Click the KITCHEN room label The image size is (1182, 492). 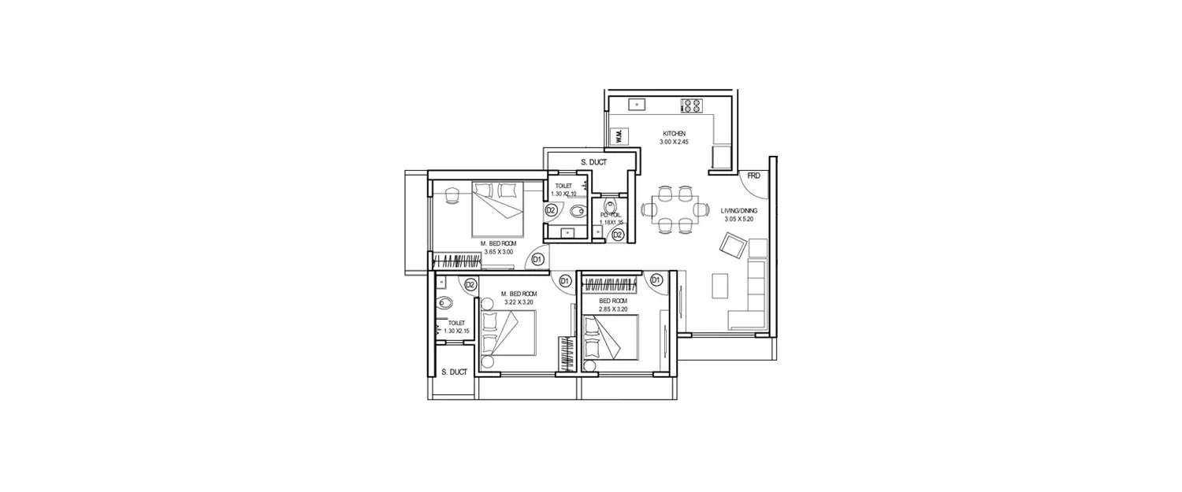coord(674,134)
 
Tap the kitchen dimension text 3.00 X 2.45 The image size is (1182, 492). coord(674,142)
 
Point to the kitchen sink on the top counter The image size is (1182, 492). coord(637,103)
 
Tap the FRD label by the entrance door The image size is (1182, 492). coord(754,176)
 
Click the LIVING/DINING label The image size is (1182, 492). coord(738,211)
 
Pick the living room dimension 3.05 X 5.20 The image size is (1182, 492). coord(738,220)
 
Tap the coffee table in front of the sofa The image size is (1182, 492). coord(719,287)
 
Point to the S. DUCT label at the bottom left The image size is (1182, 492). coord(454,372)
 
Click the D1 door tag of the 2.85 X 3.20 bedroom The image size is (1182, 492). coord(656,279)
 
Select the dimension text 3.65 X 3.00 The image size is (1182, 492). coord(498,252)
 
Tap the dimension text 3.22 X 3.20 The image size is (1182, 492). coord(519,301)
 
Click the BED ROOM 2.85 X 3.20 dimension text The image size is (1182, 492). coord(613,309)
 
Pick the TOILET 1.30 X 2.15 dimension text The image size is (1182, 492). coord(456,331)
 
